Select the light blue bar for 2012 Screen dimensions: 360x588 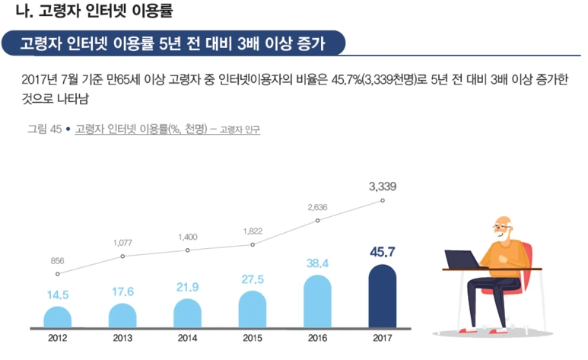(57, 317)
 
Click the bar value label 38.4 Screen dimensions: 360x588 (317, 263)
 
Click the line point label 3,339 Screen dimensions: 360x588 (382, 186)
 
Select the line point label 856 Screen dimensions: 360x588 (57, 260)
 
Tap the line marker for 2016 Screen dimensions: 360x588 (317, 221)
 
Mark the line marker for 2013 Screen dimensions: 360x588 (122, 256)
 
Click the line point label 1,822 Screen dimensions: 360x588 (253, 231)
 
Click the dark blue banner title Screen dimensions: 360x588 (173, 43)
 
